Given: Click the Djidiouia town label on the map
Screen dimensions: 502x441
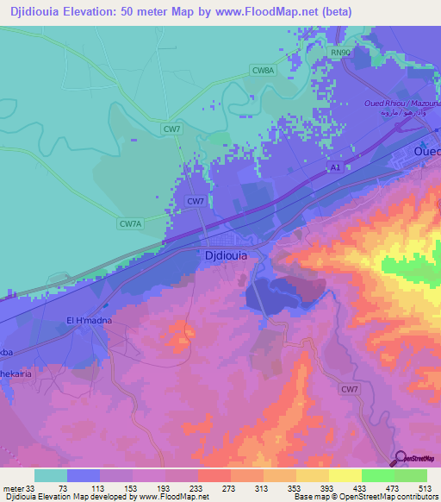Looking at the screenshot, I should coord(227,256).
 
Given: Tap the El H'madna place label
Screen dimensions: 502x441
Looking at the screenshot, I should coord(90,321).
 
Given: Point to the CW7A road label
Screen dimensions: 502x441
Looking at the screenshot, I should coord(129,223).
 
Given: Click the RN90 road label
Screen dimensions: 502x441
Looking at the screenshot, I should coord(342,53).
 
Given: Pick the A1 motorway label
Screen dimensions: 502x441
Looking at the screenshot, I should coord(335,169).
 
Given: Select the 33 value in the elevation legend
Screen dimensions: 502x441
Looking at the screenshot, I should coord(33,488).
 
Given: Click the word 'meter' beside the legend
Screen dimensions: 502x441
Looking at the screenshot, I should coord(13,488).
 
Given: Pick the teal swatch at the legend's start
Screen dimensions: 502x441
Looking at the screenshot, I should coord(50,475).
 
